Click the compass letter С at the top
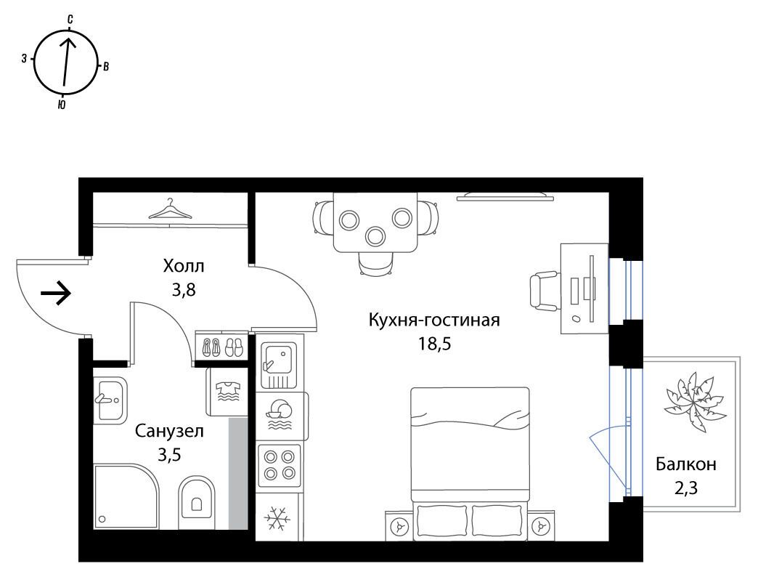tap(70, 20)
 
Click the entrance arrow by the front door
tap(56, 293)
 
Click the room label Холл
tap(184, 265)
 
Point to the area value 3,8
tap(184, 290)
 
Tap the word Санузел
tap(169, 430)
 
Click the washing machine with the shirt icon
tap(227, 392)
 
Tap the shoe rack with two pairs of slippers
tap(222, 346)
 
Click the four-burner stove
tap(280, 465)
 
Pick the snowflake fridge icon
tap(278, 517)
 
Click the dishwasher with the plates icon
tap(280, 414)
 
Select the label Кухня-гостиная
tap(433, 320)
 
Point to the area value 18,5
tap(434, 344)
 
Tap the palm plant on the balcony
tap(695, 401)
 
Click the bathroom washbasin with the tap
tap(110, 400)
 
